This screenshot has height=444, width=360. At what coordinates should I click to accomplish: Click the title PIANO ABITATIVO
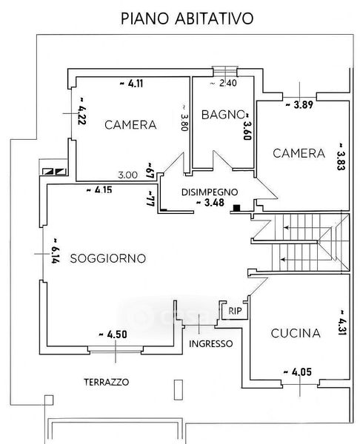pos(187,18)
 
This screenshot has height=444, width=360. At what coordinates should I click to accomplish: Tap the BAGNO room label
pos(223,115)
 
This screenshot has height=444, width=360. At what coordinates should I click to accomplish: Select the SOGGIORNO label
pos(108,258)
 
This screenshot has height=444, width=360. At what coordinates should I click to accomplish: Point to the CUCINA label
pos(296,333)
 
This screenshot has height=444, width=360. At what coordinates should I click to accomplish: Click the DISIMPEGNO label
pos(210,192)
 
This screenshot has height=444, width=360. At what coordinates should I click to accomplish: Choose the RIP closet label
pos(236,311)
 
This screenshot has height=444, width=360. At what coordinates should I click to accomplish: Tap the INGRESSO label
pos(211,344)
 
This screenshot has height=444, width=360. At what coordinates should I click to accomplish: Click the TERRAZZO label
pos(107,383)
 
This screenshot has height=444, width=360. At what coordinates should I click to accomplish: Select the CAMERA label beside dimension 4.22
pos(130,125)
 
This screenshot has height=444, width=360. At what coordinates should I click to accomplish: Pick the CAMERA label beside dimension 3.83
pos(299,153)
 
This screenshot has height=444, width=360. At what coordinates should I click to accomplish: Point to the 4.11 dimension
pos(132,84)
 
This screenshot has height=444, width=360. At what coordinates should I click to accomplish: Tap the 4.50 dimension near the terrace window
pos(113,334)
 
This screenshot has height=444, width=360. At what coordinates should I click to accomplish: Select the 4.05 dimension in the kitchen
pos(297,371)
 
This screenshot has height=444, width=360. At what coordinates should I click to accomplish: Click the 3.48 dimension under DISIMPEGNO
pos(210,203)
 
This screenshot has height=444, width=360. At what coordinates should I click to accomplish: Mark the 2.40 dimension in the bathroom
pos(224,83)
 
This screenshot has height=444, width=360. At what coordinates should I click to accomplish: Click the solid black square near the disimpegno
pos(236,208)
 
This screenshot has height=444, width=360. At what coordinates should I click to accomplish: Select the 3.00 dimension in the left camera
pos(128,175)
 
